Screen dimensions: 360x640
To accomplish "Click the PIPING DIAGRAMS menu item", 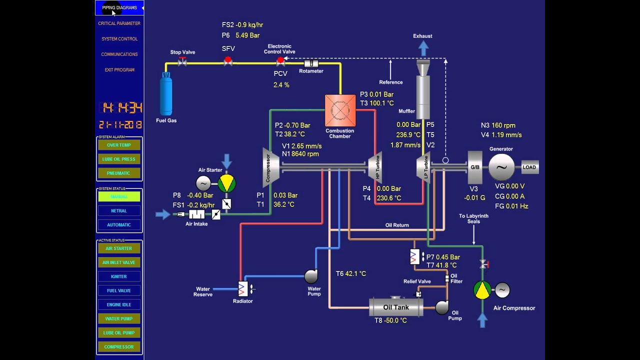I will [119, 7].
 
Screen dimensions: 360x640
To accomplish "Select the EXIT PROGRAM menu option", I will [119, 70].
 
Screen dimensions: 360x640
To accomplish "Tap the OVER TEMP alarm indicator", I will [119, 145].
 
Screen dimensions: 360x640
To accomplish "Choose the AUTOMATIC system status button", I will [119, 225].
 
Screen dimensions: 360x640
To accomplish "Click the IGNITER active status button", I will [119, 276].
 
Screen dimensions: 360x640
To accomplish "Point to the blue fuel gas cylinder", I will [165, 95].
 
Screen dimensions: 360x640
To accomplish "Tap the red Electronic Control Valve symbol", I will [280, 61].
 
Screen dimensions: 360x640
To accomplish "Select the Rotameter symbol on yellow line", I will [311, 63].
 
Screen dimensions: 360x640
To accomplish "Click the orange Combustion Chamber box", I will [340, 110].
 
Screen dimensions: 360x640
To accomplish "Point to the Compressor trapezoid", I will [270, 166].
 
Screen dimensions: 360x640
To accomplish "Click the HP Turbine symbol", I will [376, 167].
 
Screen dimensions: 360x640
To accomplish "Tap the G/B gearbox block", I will [474, 167].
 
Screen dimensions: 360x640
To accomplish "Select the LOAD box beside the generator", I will [529, 167].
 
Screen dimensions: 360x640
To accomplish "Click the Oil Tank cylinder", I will [396, 307].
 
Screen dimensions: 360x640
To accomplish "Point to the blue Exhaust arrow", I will [423, 48].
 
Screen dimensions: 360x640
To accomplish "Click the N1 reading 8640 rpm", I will [305, 154].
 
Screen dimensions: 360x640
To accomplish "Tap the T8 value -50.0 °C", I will [395, 320].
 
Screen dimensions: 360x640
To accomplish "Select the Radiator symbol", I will [243, 289].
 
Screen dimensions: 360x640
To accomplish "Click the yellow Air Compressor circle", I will [482, 290].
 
